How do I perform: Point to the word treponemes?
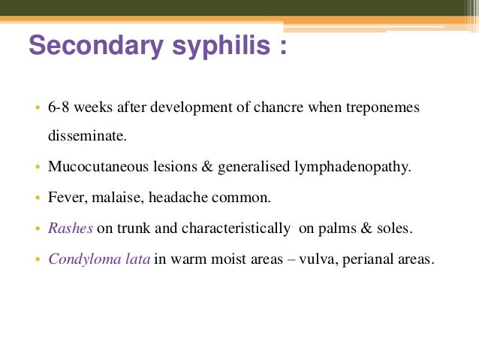coord(384,107)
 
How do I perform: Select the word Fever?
coord(65,198)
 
